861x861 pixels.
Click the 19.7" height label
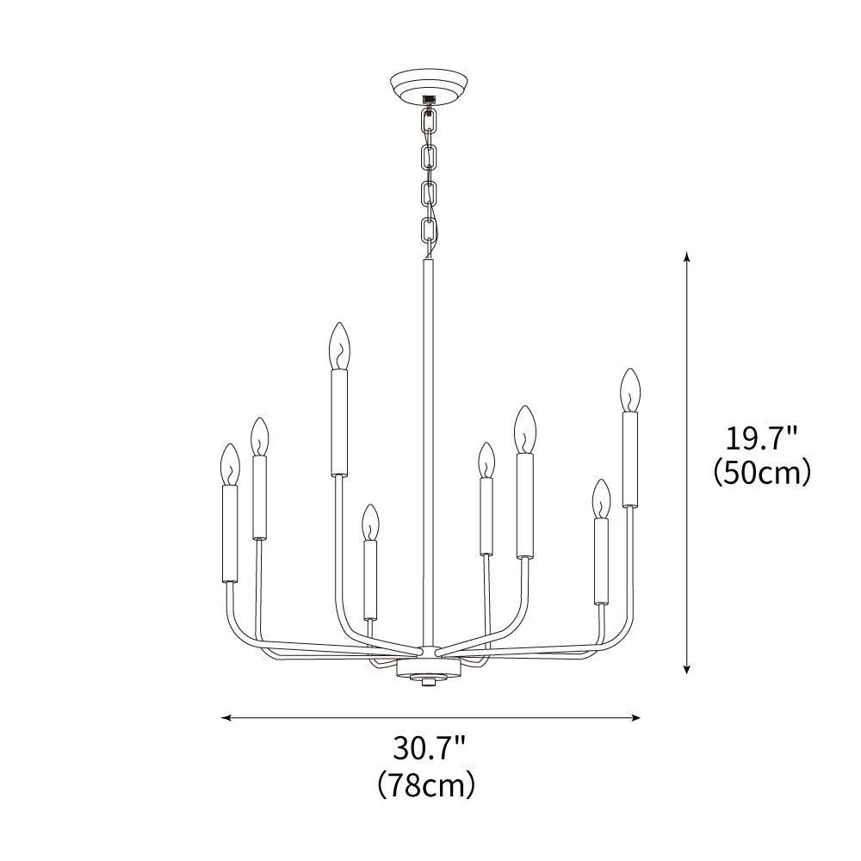click(x=762, y=440)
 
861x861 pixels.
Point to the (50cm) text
click(x=762, y=473)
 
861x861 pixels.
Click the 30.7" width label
click(x=430, y=748)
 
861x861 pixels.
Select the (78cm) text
click(x=430, y=784)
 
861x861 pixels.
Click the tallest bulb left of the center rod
click(x=340, y=346)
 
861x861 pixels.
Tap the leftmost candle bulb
click(x=230, y=465)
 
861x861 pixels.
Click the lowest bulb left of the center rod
click(x=370, y=523)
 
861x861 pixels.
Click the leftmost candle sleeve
click(x=230, y=534)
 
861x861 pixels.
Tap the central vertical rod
click(x=428, y=448)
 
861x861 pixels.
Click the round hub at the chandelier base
click(x=428, y=669)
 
